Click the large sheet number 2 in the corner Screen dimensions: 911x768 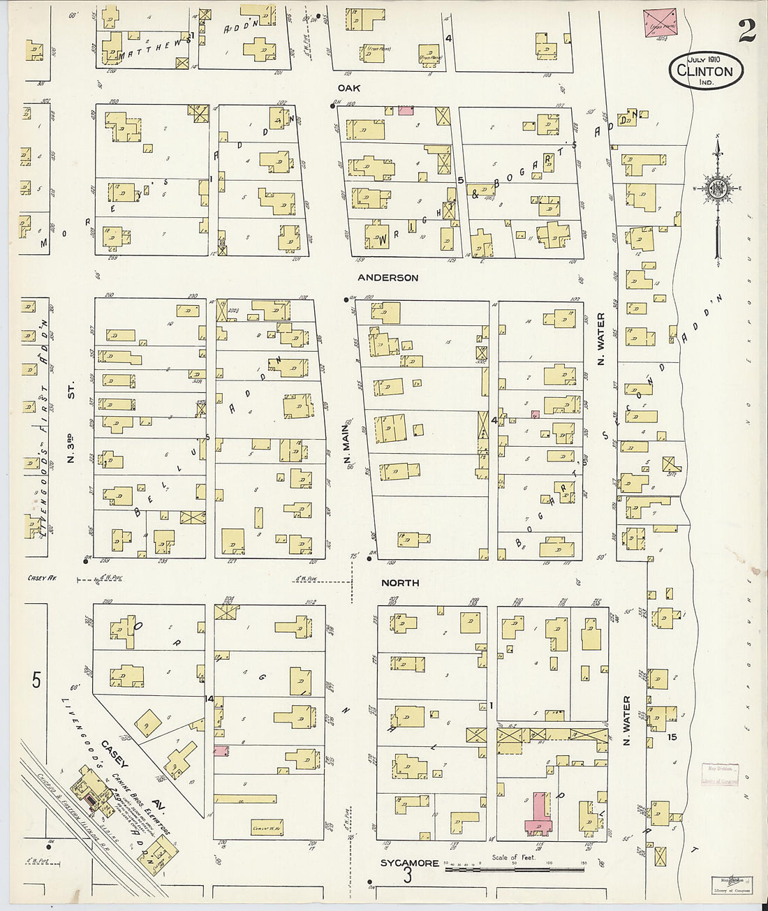pos(746,31)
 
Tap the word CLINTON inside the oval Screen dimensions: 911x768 pos(704,71)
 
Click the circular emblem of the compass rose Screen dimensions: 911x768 pos(717,188)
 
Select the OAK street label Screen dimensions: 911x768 pos(348,88)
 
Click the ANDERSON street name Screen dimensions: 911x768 pos(387,278)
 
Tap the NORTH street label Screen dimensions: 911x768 pos(400,583)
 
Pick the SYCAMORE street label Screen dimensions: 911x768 pos(410,864)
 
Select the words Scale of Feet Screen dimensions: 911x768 pos(513,857)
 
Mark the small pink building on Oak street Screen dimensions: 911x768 pos(406,110)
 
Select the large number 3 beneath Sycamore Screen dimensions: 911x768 pos(408,875)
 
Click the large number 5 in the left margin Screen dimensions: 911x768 pos(36,680)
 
